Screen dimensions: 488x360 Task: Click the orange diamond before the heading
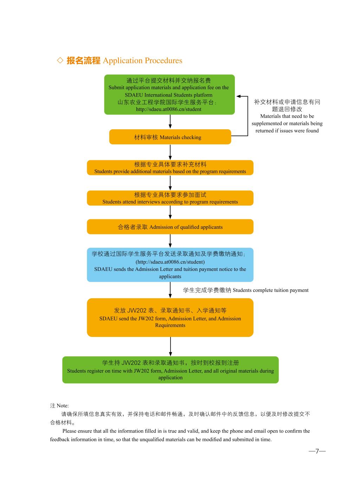tap(60, 60)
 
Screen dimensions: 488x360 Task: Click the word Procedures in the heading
tap(163, 60)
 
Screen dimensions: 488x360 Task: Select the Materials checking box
tap(170, 137)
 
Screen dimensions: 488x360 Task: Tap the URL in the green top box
tap(168, 109)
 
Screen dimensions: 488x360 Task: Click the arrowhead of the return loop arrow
tap(238, 96)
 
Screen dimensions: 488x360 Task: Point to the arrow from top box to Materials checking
tap(170, 122)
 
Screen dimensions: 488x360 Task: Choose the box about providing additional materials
tap(170, 168)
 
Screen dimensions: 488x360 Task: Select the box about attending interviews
tap(170, 198)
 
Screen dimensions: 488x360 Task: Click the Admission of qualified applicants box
tap(170, 227)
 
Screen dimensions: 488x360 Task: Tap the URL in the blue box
tap(170, 262)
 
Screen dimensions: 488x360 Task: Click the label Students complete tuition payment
tap(270, 290)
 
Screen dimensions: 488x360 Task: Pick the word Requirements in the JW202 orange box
tap(170, 325)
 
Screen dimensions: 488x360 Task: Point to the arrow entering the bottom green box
tap(170, 347)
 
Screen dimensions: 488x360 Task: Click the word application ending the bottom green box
tap(170, 378)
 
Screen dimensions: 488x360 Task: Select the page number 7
tap(317, 451)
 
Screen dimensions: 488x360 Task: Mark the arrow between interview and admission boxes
tap(170, 212)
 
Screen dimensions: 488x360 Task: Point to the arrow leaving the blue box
tap(170, 290)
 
